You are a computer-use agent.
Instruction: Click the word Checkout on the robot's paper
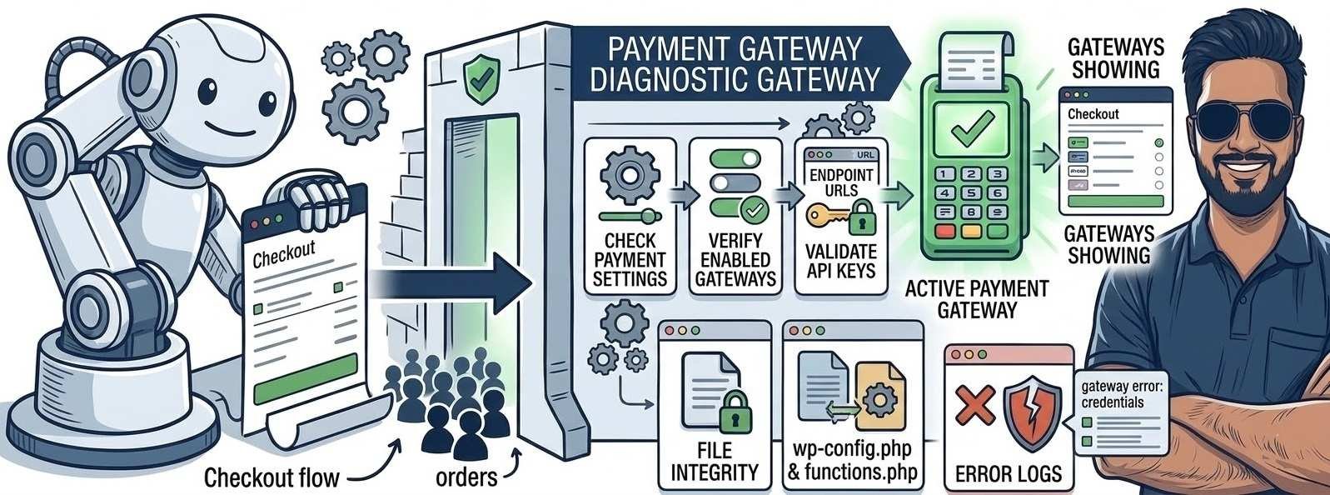click(283, 252)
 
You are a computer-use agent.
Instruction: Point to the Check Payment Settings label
click(630, 258)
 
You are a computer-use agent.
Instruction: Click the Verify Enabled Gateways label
click(735, 259)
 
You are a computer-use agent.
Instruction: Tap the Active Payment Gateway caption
click(977, 299)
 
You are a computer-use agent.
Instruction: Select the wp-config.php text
click(852, 451)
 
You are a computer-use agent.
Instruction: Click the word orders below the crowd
click(466, 477)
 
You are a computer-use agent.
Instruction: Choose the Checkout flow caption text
click(271, 477)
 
